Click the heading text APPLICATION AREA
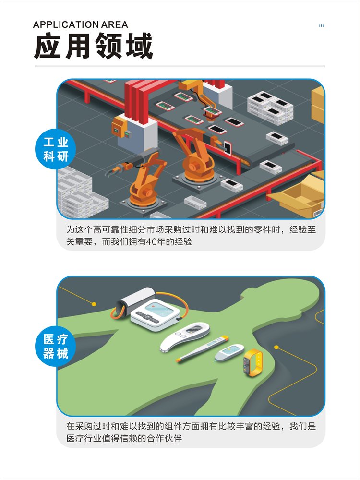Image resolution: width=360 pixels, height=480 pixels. click(81, 25)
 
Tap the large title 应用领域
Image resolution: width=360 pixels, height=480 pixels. click(94, 46)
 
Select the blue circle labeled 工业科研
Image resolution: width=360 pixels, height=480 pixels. click(55, 149)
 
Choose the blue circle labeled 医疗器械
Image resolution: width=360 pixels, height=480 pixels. click(55, 346)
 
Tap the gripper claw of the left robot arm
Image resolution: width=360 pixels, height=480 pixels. click(112, 170)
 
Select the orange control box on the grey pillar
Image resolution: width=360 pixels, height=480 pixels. click(119, 126)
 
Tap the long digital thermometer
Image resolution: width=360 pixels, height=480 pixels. click(202, 348)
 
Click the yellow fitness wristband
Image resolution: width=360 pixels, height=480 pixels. click(253, 362)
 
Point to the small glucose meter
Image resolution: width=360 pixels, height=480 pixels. click(229, 353)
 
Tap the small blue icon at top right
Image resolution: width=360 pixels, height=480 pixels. click(321, 25)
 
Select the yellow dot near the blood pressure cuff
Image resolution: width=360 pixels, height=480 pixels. click(94, 304)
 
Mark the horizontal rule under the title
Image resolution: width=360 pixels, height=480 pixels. click(180, 66)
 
